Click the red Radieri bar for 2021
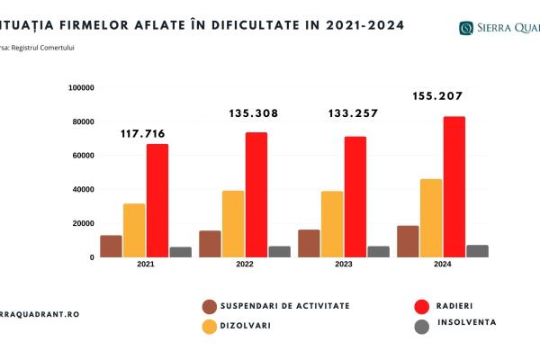pos(157,201)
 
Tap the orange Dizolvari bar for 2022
pos(233,223)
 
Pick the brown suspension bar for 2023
pos(309,243)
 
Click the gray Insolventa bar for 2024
pos(477,251)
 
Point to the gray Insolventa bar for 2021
pos(181,252)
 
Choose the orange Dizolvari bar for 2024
pos(431,218)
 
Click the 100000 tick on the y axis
pos(82,87)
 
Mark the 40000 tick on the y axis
pos(84,189)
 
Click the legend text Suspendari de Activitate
pos(286,306)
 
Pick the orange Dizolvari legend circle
pos(210,326)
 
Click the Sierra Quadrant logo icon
pos(465,28)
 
